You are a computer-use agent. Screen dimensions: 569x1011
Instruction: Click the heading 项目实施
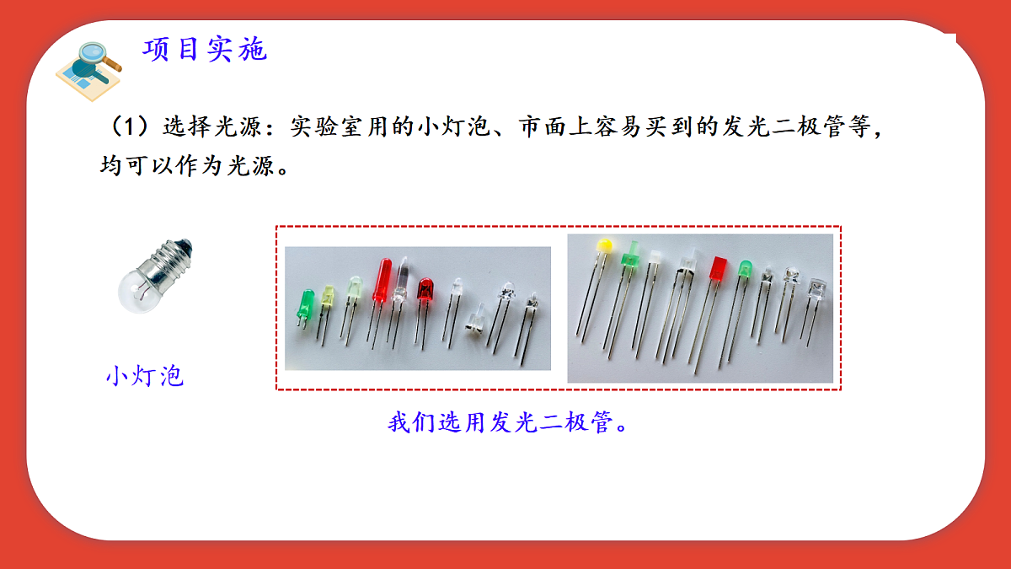click(x=205, y=50)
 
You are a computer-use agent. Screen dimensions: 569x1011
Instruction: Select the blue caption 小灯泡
click(x=144, y=376)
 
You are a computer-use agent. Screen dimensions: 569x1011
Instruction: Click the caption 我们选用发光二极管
click(x=508, y=422)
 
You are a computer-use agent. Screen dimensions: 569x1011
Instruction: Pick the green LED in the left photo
click(x=305, y=304)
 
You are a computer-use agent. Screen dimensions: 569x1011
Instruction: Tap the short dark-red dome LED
click(x=424, y=291)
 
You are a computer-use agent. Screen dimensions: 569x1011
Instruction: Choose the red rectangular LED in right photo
click(x=719, y=270)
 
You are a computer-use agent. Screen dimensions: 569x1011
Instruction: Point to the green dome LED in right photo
click(x=745, y=270)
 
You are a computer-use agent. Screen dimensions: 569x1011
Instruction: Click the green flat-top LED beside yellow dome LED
click(x=629, y=256)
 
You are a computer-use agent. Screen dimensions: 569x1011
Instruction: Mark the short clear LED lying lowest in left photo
click(x=473, y=321)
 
